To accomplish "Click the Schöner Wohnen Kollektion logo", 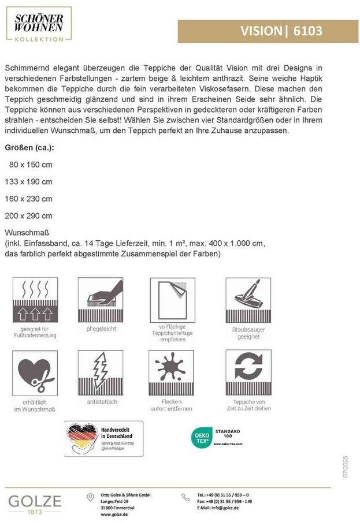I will click(39, 24).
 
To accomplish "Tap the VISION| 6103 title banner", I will click(268, 31).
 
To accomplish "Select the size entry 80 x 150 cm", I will click(31, 164).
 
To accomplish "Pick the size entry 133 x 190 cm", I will click(28, 181).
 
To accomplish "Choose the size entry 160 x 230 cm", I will click(28, 198).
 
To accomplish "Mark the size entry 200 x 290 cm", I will click(28, 215).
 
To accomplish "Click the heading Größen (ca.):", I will click(29, 147).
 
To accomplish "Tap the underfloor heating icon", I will click(35, 300).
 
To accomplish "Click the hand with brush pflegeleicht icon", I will click(100, 300).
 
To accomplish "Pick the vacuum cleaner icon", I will click(248, 300).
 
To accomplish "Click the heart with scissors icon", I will click(35, 372).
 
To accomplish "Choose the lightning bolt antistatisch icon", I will click(100, 372).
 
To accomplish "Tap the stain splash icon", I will click(172, 372).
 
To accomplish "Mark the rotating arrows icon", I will click(248, 372).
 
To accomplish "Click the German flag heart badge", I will click(84, 438).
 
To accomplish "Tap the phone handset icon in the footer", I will click(185, 497).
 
